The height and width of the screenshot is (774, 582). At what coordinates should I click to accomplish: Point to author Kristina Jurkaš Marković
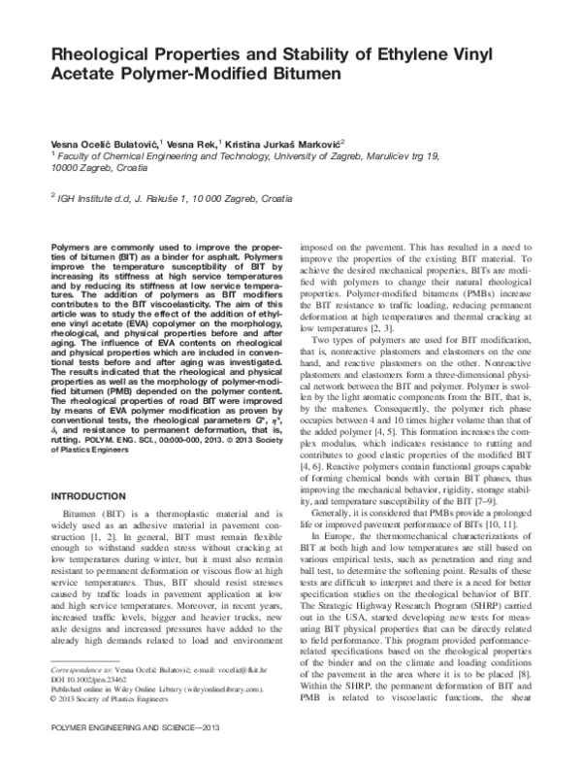[x=292, y=143]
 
